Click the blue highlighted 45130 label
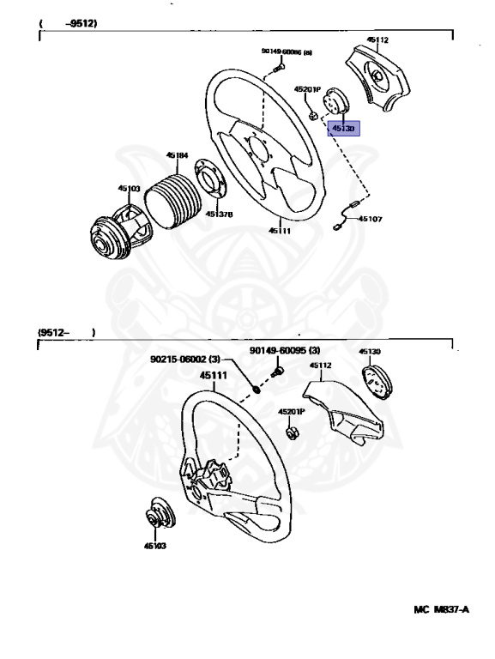[x=344, y=128]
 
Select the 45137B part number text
[x=219, y=214]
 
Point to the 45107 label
[x=371, y=219]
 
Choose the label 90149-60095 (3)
[x=285, y=350]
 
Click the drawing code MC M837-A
[x=441, y=609]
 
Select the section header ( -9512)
[x=68, y=24]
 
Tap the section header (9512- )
[x=65, y=332]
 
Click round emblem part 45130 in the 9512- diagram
[x=375, y=379]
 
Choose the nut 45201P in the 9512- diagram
[x=291, y=432]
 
